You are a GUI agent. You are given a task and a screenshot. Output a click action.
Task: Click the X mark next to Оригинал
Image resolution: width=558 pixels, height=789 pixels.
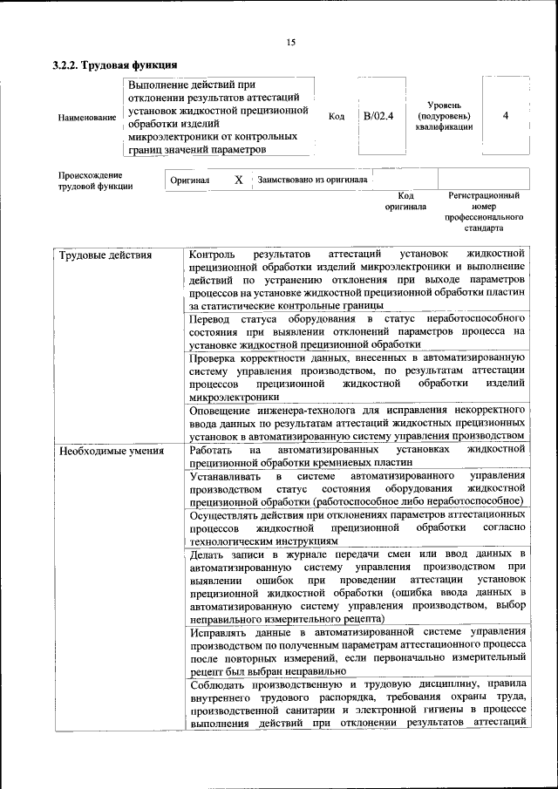[238, 180]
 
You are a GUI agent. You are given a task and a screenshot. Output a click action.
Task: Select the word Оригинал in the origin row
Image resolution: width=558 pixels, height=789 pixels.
[190, 180]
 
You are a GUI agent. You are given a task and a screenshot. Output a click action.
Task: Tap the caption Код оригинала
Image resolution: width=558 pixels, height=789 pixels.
[405, 201]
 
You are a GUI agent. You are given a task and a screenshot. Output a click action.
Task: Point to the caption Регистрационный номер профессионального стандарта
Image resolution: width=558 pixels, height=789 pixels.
[484, 212]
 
